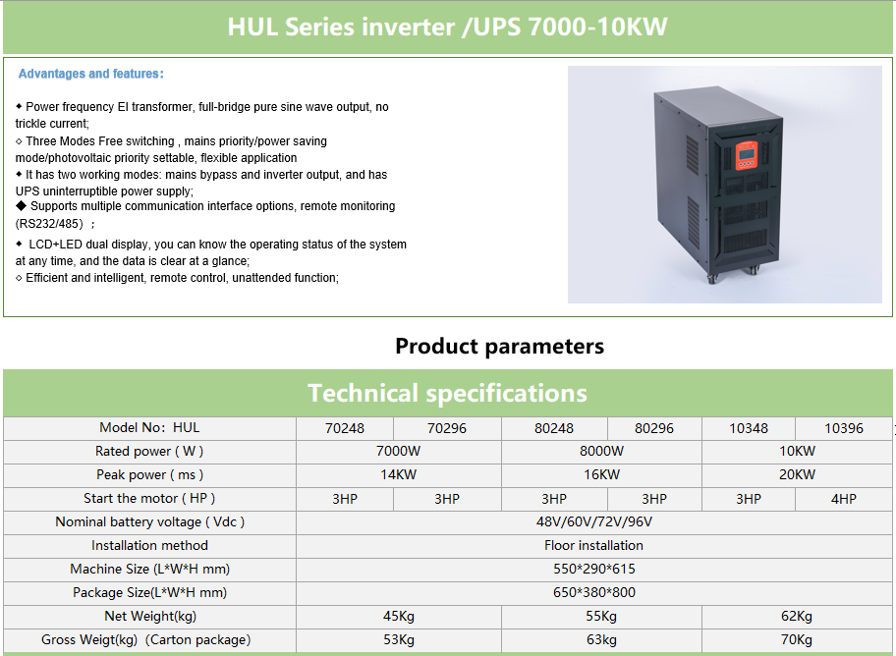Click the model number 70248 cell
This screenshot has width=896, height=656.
345,428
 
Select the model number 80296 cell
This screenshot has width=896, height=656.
654,428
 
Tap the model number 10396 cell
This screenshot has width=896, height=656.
843,428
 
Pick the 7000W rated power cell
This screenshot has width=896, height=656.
398,452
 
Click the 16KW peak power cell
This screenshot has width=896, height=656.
601,475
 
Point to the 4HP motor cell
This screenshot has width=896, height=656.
843,499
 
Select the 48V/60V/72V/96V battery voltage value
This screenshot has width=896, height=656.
594,521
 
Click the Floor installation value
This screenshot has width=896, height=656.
593,546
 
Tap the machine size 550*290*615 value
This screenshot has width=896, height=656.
594,570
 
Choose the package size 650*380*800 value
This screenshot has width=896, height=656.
594,592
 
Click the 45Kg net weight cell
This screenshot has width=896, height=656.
398,617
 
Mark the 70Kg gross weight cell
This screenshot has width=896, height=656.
797,640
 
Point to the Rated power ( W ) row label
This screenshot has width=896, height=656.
149,452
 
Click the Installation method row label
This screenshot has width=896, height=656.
149,546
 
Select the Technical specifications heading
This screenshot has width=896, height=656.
447,393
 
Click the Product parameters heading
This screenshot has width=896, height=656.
499,347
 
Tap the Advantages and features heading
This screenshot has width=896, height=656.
90,74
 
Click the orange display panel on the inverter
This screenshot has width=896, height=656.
746,155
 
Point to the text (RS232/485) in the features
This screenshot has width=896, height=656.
49,224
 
